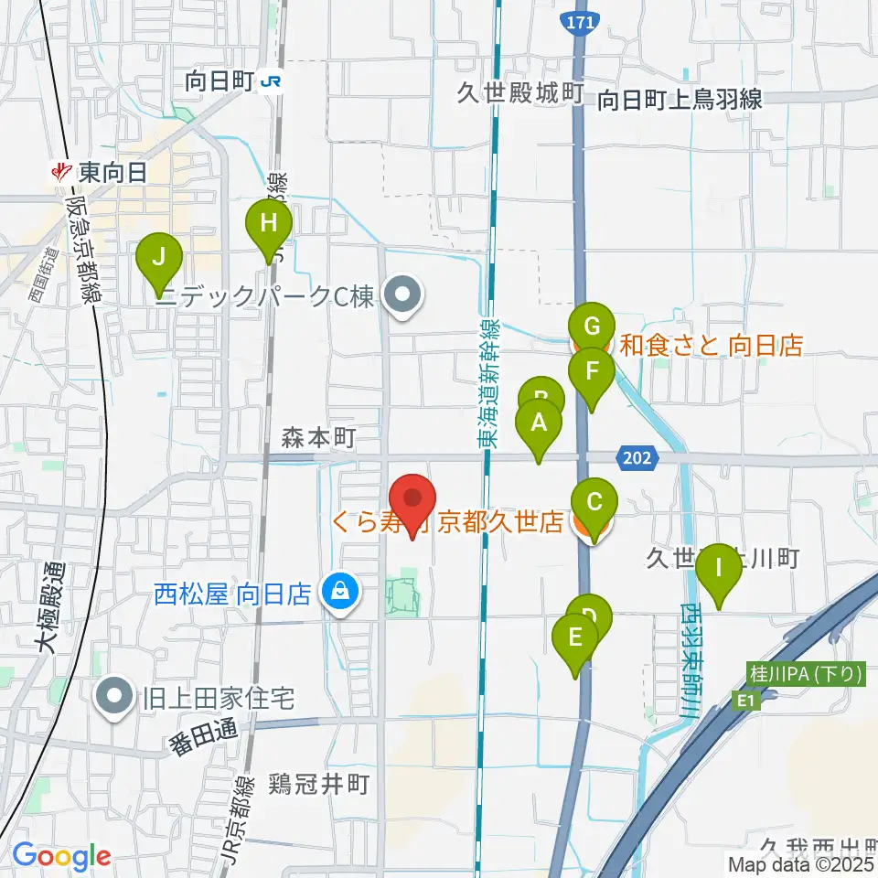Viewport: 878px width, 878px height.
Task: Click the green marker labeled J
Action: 159,259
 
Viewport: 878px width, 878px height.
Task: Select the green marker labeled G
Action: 591,326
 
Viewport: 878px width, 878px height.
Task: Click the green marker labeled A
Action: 539,424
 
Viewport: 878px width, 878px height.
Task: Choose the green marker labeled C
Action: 594,503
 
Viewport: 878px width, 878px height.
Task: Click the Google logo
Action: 61,857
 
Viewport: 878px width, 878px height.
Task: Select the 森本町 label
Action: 317,439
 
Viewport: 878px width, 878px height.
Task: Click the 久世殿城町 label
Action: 521,93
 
